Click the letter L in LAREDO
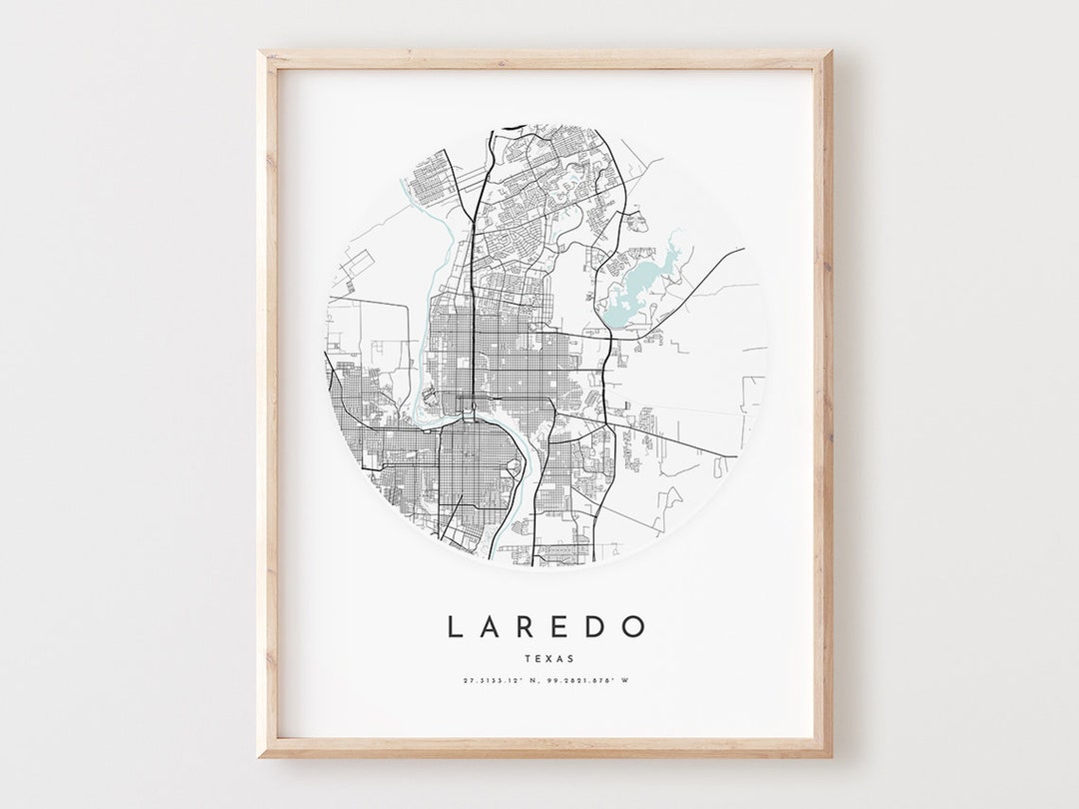[x=455, y=627]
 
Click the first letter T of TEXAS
[x=527, y=658]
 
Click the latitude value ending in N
[x=502, y=681]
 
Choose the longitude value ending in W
[x=590, y=681]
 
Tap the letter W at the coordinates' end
[x=625, y=681]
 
